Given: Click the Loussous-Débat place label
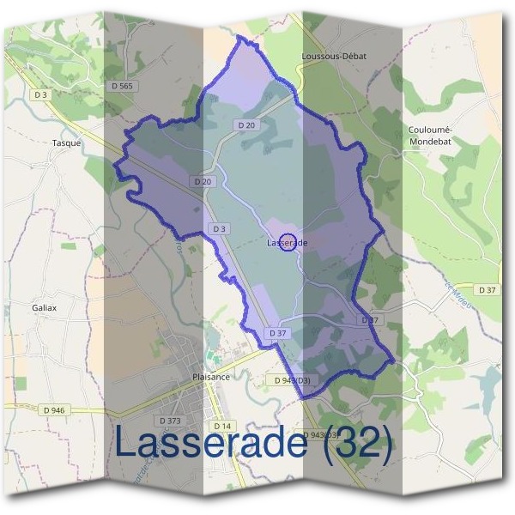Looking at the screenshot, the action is [335, 56].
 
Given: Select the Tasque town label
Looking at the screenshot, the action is [66, 143].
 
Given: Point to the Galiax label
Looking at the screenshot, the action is [44, 306].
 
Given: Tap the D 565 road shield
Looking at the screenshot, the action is [123, 86].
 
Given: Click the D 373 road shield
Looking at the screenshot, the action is [170, 420].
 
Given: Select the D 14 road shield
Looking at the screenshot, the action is [222, 426].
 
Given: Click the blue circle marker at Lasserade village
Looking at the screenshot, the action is [289, 243].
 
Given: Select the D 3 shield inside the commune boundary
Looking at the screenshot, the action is [219, 228].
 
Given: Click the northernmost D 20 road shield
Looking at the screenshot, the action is [246, 125].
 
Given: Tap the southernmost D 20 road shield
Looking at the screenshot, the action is [203, 182].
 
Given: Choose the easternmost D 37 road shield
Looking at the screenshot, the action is [488, 290].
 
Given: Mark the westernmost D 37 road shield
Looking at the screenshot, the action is [276, 333].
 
